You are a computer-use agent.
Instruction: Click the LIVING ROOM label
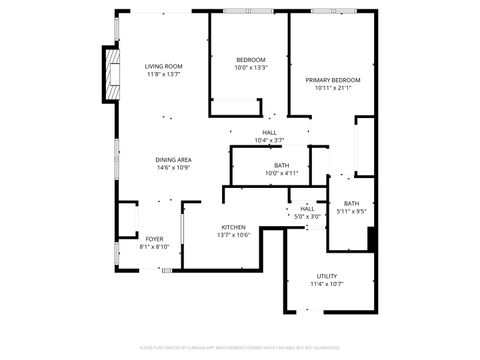[164, 66]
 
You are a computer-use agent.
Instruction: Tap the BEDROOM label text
[250, 60]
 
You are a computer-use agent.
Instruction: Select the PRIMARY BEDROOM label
[333, 80]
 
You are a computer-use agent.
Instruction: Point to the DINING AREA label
[173, 160]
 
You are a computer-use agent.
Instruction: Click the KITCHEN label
[233, 228]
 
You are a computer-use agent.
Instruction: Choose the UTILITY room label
[327, 276]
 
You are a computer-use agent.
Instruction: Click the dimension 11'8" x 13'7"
[164, 74]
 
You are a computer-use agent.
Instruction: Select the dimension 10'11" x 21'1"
[333, 88]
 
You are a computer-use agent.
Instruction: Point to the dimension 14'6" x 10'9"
[173, 168]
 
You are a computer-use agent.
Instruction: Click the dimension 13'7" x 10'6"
[233, 236]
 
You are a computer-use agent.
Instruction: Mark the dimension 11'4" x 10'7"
[327, 284]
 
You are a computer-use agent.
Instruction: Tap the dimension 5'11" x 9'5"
[352, 211]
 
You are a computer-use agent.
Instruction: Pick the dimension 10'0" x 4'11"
[282, 173]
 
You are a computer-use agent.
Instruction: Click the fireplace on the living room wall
[107, 69]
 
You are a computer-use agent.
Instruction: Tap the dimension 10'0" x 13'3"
[250, 68]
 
